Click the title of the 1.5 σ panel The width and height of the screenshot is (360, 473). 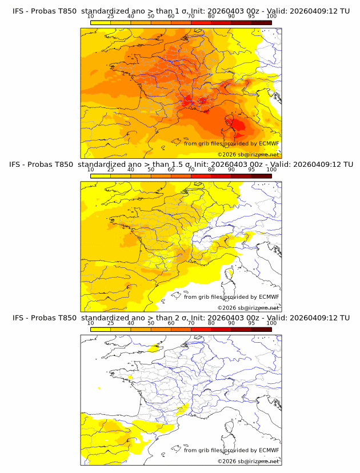pyautogui.click(x=180, y=164)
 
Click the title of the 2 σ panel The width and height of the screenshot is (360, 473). pyautogui.click(x=180, y=318)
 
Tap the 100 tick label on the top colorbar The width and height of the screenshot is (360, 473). pyautogui.click(x=271, y=16)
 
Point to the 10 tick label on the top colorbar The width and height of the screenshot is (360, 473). pyautogui.click(x=90, y=16)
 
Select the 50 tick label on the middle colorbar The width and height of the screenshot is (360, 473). pyautogui.click(x=151, y=170)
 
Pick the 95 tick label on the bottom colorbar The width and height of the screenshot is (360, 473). pyautogui.click(x=251, y=323)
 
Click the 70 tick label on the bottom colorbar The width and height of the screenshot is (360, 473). pyautogui.click(x=191, y=323)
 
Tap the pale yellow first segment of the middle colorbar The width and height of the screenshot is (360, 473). pyautogui.click(x=100, y=175)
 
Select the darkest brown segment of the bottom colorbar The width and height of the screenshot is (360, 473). pyautogui.click(x=261, y=329)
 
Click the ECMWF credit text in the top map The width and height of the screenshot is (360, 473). pyautogui.click(x=231, y=143)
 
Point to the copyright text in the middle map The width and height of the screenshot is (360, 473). pyautogui.click(x=248, y=307)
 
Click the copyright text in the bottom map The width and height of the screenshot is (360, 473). pyautogui.click(x=248, y=461)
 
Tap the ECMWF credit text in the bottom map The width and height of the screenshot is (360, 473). pyautogui.click(x=231, y=450)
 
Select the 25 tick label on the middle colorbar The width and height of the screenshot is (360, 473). pyautogui.click(x=110, y=170)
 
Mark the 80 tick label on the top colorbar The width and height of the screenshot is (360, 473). pyautogui.click(x=211, y=16)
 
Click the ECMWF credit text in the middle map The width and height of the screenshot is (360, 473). pyautogui.click(x=231, y=296)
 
